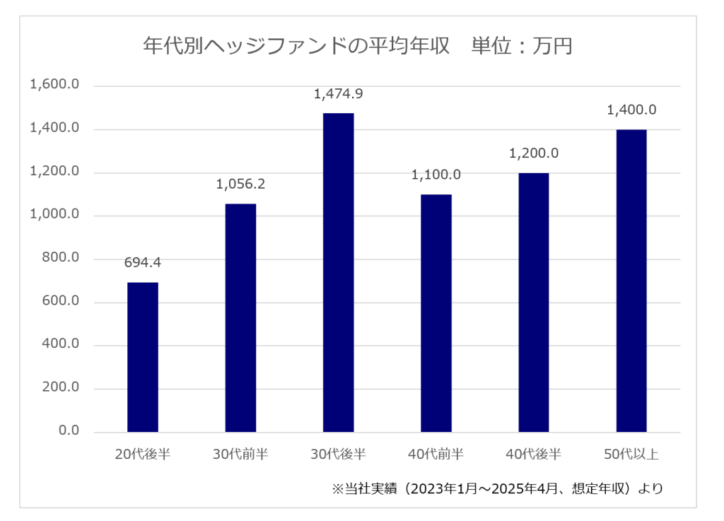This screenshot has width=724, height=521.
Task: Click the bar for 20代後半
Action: point(143,357)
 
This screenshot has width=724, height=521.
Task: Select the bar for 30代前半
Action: point(240,318)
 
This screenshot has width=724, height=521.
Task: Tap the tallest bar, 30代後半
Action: point(338,273)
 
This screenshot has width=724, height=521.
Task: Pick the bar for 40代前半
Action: point(436,313)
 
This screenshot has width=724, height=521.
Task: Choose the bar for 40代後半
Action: point(534,303)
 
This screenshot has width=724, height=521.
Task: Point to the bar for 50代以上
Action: point(631,281)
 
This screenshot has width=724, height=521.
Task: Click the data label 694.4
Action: point(143,263)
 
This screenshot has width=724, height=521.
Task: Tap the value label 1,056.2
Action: point(240,185)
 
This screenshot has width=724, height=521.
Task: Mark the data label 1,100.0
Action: point(436,175)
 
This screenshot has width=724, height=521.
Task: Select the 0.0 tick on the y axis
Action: point(69,431)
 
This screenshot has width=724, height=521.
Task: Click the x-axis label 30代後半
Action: point(338,454)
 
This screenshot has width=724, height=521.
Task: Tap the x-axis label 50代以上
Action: point(631,454)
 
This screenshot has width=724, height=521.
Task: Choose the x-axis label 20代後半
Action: point(143,454)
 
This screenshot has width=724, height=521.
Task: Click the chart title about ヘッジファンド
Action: point(357,47)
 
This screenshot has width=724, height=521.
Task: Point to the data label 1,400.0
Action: point(631,110)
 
